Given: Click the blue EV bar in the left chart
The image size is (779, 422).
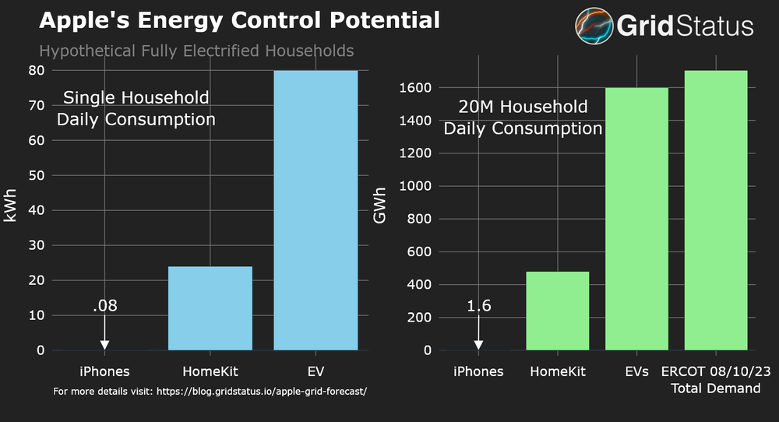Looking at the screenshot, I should [x=315, y=210].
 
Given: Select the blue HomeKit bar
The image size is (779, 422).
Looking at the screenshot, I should [x=210, y=308].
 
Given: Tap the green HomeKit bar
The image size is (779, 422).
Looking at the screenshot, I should [x=558, y=311].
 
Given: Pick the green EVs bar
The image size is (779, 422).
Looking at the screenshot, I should [x=636, y=219].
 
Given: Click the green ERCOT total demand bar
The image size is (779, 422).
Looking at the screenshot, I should [x=716, y=210].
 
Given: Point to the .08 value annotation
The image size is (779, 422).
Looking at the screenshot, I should [x=104, y=306].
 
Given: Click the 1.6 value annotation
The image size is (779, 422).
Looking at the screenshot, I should [x=478, y=306].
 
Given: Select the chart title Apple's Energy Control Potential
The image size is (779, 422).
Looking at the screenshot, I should [x=239, y=20].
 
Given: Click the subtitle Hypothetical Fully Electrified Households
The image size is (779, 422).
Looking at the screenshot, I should [x=196, y=51].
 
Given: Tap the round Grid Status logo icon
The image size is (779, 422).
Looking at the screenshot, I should [x=594, y=25].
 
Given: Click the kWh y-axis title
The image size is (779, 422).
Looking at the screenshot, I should [x=10, y=210].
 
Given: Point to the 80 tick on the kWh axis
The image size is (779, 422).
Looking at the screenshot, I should [x=36, y=70].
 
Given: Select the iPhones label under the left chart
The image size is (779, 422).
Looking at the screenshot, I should [x=104, y=371].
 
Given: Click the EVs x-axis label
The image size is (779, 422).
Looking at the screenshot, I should [x=636, y=371].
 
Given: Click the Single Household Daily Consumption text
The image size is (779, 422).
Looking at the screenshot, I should [x=136, y=109].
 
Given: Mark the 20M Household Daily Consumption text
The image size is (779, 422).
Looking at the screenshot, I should [x=523, y=118].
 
